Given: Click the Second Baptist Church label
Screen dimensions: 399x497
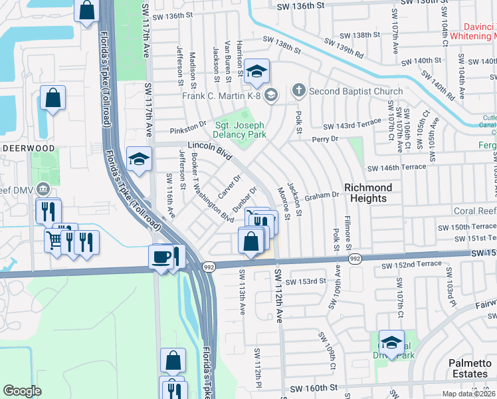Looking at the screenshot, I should tap(355, 91).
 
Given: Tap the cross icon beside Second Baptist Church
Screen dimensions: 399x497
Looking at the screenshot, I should tap(299, 90).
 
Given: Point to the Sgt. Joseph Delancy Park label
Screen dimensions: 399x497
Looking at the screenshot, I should tap(239, 130).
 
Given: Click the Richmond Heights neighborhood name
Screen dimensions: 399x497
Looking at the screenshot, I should tap(367, 193).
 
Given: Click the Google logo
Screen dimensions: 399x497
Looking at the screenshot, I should tap(22, 391).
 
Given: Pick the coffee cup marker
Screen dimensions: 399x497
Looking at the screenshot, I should tap(161, 257).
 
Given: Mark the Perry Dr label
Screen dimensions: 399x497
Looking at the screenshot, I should tap(326, 140).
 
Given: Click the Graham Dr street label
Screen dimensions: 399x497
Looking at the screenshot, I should tap(322, 197).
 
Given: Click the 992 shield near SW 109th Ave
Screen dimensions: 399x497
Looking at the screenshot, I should tap(355, 259).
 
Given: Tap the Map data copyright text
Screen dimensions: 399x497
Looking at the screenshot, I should tap(469, 393).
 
